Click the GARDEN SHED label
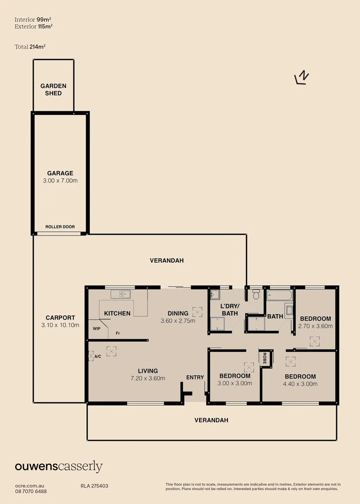point(53,90)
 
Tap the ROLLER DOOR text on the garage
point(60,227)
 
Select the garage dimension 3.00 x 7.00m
point(60,181)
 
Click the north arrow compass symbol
point(303,77)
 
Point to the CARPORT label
point(60,318)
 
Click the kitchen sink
point(121,294)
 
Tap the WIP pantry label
point(97,329)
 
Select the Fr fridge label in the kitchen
point(118,334)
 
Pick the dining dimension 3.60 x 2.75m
point(178,321)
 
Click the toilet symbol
point(256,294)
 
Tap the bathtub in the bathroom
point(279,295)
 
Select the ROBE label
point(264,358)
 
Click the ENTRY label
point(195,377)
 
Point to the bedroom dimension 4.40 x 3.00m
point(300,384)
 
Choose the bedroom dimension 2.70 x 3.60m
point(315,326)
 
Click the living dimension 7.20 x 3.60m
point(147,378)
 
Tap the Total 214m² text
point(30,47)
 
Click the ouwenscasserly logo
point(59,466)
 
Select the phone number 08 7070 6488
point(31,491)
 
